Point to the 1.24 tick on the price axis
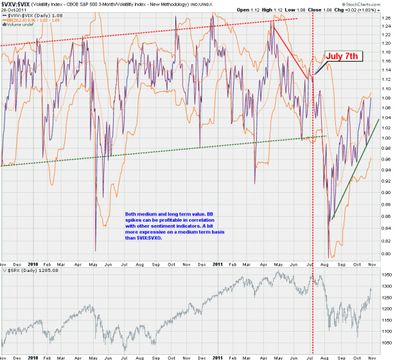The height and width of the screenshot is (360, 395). coord(385,26)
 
